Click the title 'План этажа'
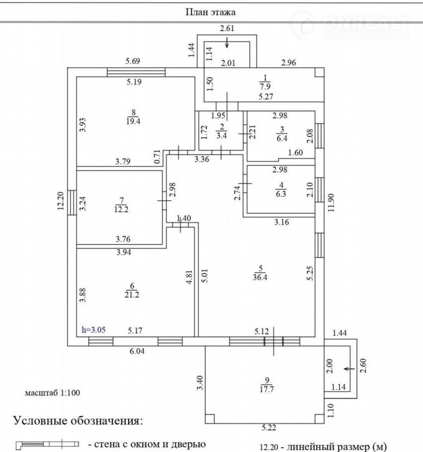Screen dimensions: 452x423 tap(211, 11)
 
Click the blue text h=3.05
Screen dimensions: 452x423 tap(93, 329)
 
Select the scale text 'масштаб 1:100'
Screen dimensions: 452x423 tap(53, 392)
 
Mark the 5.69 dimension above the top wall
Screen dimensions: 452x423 tap(133, 62)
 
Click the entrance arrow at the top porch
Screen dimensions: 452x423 tap(227, 43)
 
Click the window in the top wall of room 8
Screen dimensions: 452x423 tap(136, 73)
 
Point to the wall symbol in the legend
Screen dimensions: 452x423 tap(48, 443)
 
